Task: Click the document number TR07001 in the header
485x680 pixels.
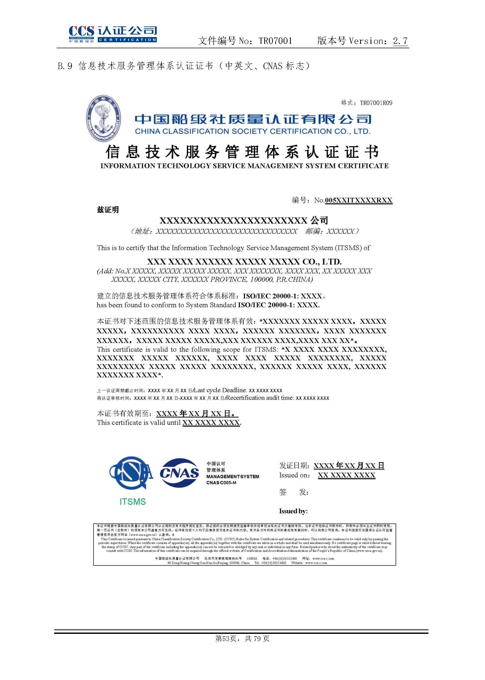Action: pyautogui.click(x=275, y=41)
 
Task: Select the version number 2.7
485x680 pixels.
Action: pyautogui.click(x=400, y=41)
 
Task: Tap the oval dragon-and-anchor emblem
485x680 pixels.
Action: pyautogui.click(x=103, y=119)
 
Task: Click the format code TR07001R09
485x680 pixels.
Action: pyautogui.click(x=376, y=103)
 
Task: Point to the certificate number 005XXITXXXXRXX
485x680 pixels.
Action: pyautogui.click(x=358, y=200)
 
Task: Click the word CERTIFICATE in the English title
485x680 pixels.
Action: pyautogui.click(x=363, y=166)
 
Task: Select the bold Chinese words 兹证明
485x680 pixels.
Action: pyautogui.click(x=108, y=210)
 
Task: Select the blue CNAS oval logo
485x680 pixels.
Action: pyautogui.click(x=180, y=473)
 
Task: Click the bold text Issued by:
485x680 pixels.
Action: pyautogui.click(x=293, y=511)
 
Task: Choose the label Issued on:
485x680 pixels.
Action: pyautogui.click(x=294, y=475)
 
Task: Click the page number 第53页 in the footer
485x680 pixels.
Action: pyautogui.click(x=226, y=639)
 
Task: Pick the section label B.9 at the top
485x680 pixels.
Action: pyautogui.click(x=65, y=66)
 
